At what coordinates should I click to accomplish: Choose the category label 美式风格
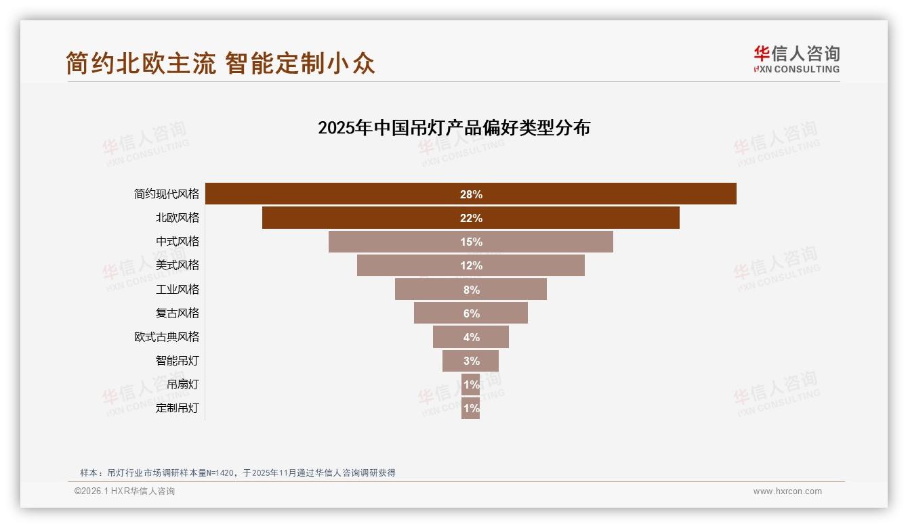178,265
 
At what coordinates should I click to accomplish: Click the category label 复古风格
178,313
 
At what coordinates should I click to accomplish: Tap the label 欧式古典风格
167,336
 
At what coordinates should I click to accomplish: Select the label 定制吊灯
178,408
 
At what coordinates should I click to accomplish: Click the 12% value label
471,265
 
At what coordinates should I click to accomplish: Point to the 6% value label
471,313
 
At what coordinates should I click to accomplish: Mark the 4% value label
471,337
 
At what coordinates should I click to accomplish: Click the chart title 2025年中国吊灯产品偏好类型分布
454,128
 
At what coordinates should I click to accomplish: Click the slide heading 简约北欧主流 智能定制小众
220,63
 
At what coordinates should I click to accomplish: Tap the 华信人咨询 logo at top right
796,59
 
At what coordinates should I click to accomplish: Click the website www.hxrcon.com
787,491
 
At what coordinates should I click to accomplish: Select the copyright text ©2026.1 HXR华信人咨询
125,491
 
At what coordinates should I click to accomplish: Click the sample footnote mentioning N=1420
237,472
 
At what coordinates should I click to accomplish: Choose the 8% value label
471,290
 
